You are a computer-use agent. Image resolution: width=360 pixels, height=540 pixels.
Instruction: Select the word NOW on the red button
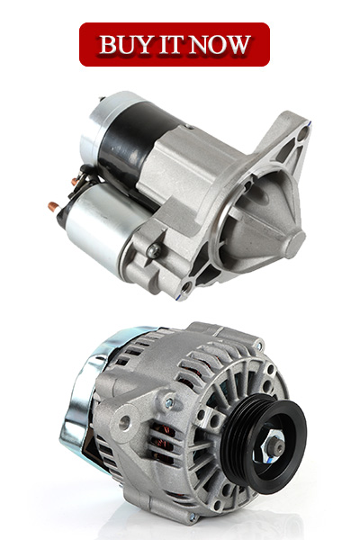point(220,44)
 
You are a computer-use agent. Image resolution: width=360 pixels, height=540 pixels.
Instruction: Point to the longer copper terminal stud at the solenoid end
point(54,207)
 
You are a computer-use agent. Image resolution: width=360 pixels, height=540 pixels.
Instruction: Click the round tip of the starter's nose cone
point(295,245)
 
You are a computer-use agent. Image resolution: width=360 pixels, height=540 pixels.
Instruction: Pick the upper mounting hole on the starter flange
point(301,133)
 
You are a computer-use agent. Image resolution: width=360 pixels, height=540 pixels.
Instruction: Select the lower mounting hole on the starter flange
point(185,286)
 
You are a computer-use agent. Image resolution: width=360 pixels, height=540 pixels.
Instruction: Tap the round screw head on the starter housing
point(153,250)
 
